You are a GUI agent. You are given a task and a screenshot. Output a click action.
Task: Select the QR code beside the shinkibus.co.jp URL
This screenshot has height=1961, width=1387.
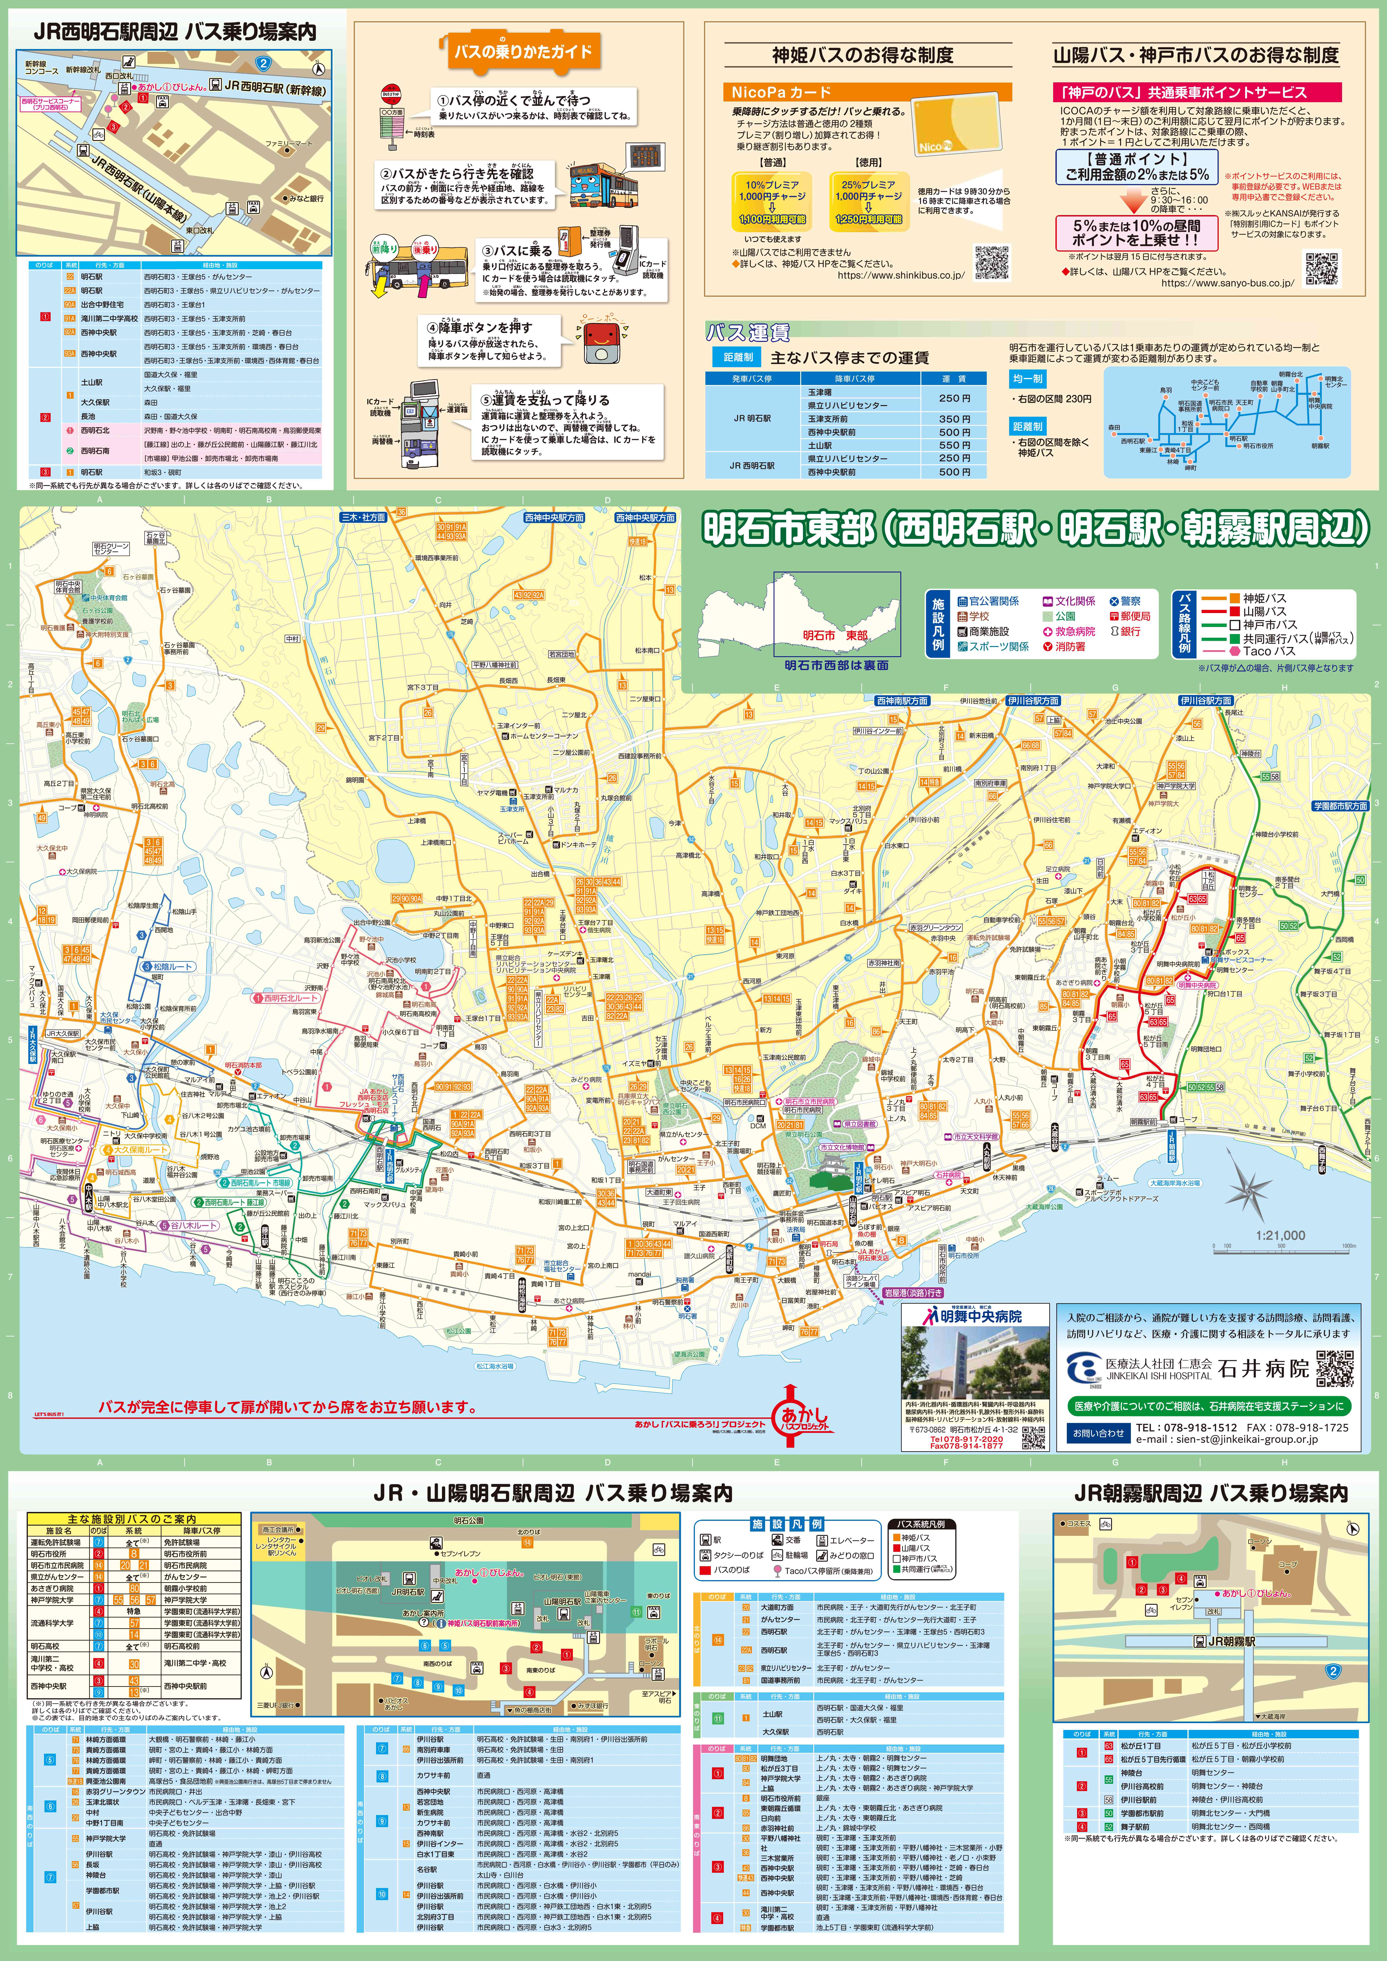tap(992, 262)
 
